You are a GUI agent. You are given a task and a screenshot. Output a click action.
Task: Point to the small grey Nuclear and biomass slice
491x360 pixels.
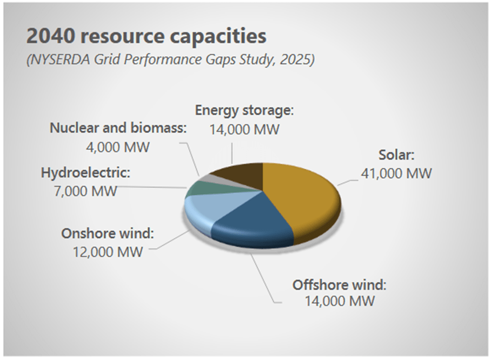pyautogui.click(x=213, y=178)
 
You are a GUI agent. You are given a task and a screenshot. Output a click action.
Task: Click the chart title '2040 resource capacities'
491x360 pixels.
pyautogui.click(x=146, y=36)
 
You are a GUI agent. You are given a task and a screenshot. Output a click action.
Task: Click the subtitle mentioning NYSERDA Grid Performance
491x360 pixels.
pyautogui.click(x=171, y=59)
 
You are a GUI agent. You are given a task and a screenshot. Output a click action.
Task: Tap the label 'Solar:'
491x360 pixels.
pyautogui.click(x=396, y=155)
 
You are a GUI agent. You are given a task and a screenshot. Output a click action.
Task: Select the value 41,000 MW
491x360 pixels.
pyautogui.click(x=396, y=173)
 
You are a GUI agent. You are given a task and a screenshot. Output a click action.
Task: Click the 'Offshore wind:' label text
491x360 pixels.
pyautogui.click(x=340, y=285)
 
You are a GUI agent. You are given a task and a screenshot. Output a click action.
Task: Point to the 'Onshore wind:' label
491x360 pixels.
pyautogui.click(x=108, y=233)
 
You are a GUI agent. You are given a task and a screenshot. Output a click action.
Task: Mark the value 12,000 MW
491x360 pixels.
pyautogui.click(x=108, y=252)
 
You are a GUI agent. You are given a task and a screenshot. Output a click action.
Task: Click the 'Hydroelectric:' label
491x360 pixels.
pyautogui.click(x=85, y=172)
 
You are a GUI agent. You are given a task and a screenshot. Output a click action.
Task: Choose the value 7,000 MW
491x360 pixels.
pyautogui.click(x=85, y=191)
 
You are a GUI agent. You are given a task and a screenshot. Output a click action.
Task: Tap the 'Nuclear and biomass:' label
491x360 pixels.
pyautogui.click(x=118, y=128)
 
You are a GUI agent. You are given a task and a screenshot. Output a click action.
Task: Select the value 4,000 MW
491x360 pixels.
pyautogui.click(x=118, y=147)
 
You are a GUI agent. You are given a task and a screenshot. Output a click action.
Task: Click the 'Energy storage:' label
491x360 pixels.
pyautogui.click(x=244, y=110)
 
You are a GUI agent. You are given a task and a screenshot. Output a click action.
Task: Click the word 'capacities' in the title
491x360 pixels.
pyautogui.click(x=218, y=37)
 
